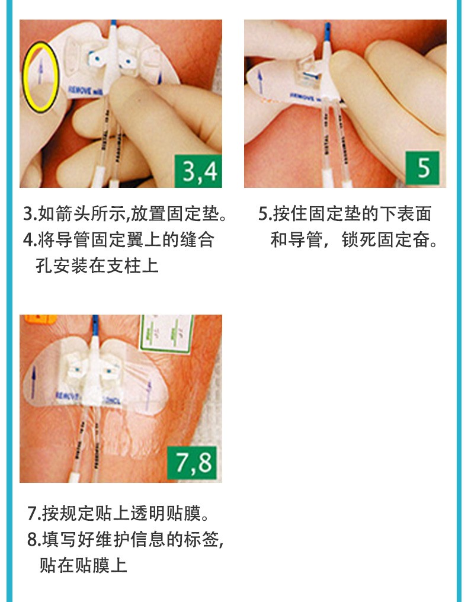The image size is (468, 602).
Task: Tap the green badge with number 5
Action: click(x=424, y=168)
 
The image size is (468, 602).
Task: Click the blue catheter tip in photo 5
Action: click(x=325, y=30)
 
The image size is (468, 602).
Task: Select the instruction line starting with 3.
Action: click(x=125, y=214)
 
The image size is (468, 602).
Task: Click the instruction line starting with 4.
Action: click(x=118, y=239)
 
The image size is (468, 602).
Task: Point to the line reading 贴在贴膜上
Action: click(x=84, y=565)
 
